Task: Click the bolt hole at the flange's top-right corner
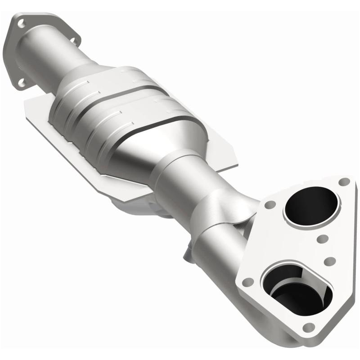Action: pyautogui.click(x=344, y=182)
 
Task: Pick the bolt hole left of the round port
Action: pyautogui.click(x=270, y=205)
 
